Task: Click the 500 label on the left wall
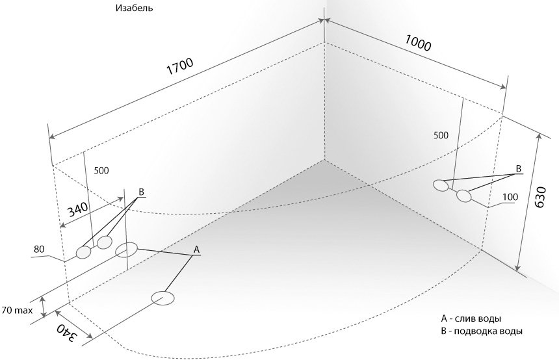coord(101,171)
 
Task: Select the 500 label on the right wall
coord(441,135)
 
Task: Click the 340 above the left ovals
coord(77,209)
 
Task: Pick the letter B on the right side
coord(518,168)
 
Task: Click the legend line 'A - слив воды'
coord(471,319)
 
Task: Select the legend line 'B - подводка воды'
coord(482,331)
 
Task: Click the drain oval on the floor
coord(163,298)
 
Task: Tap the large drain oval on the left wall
coord(127,250)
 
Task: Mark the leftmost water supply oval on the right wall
coord(442,185)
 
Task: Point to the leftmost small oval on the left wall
coord(84,253)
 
